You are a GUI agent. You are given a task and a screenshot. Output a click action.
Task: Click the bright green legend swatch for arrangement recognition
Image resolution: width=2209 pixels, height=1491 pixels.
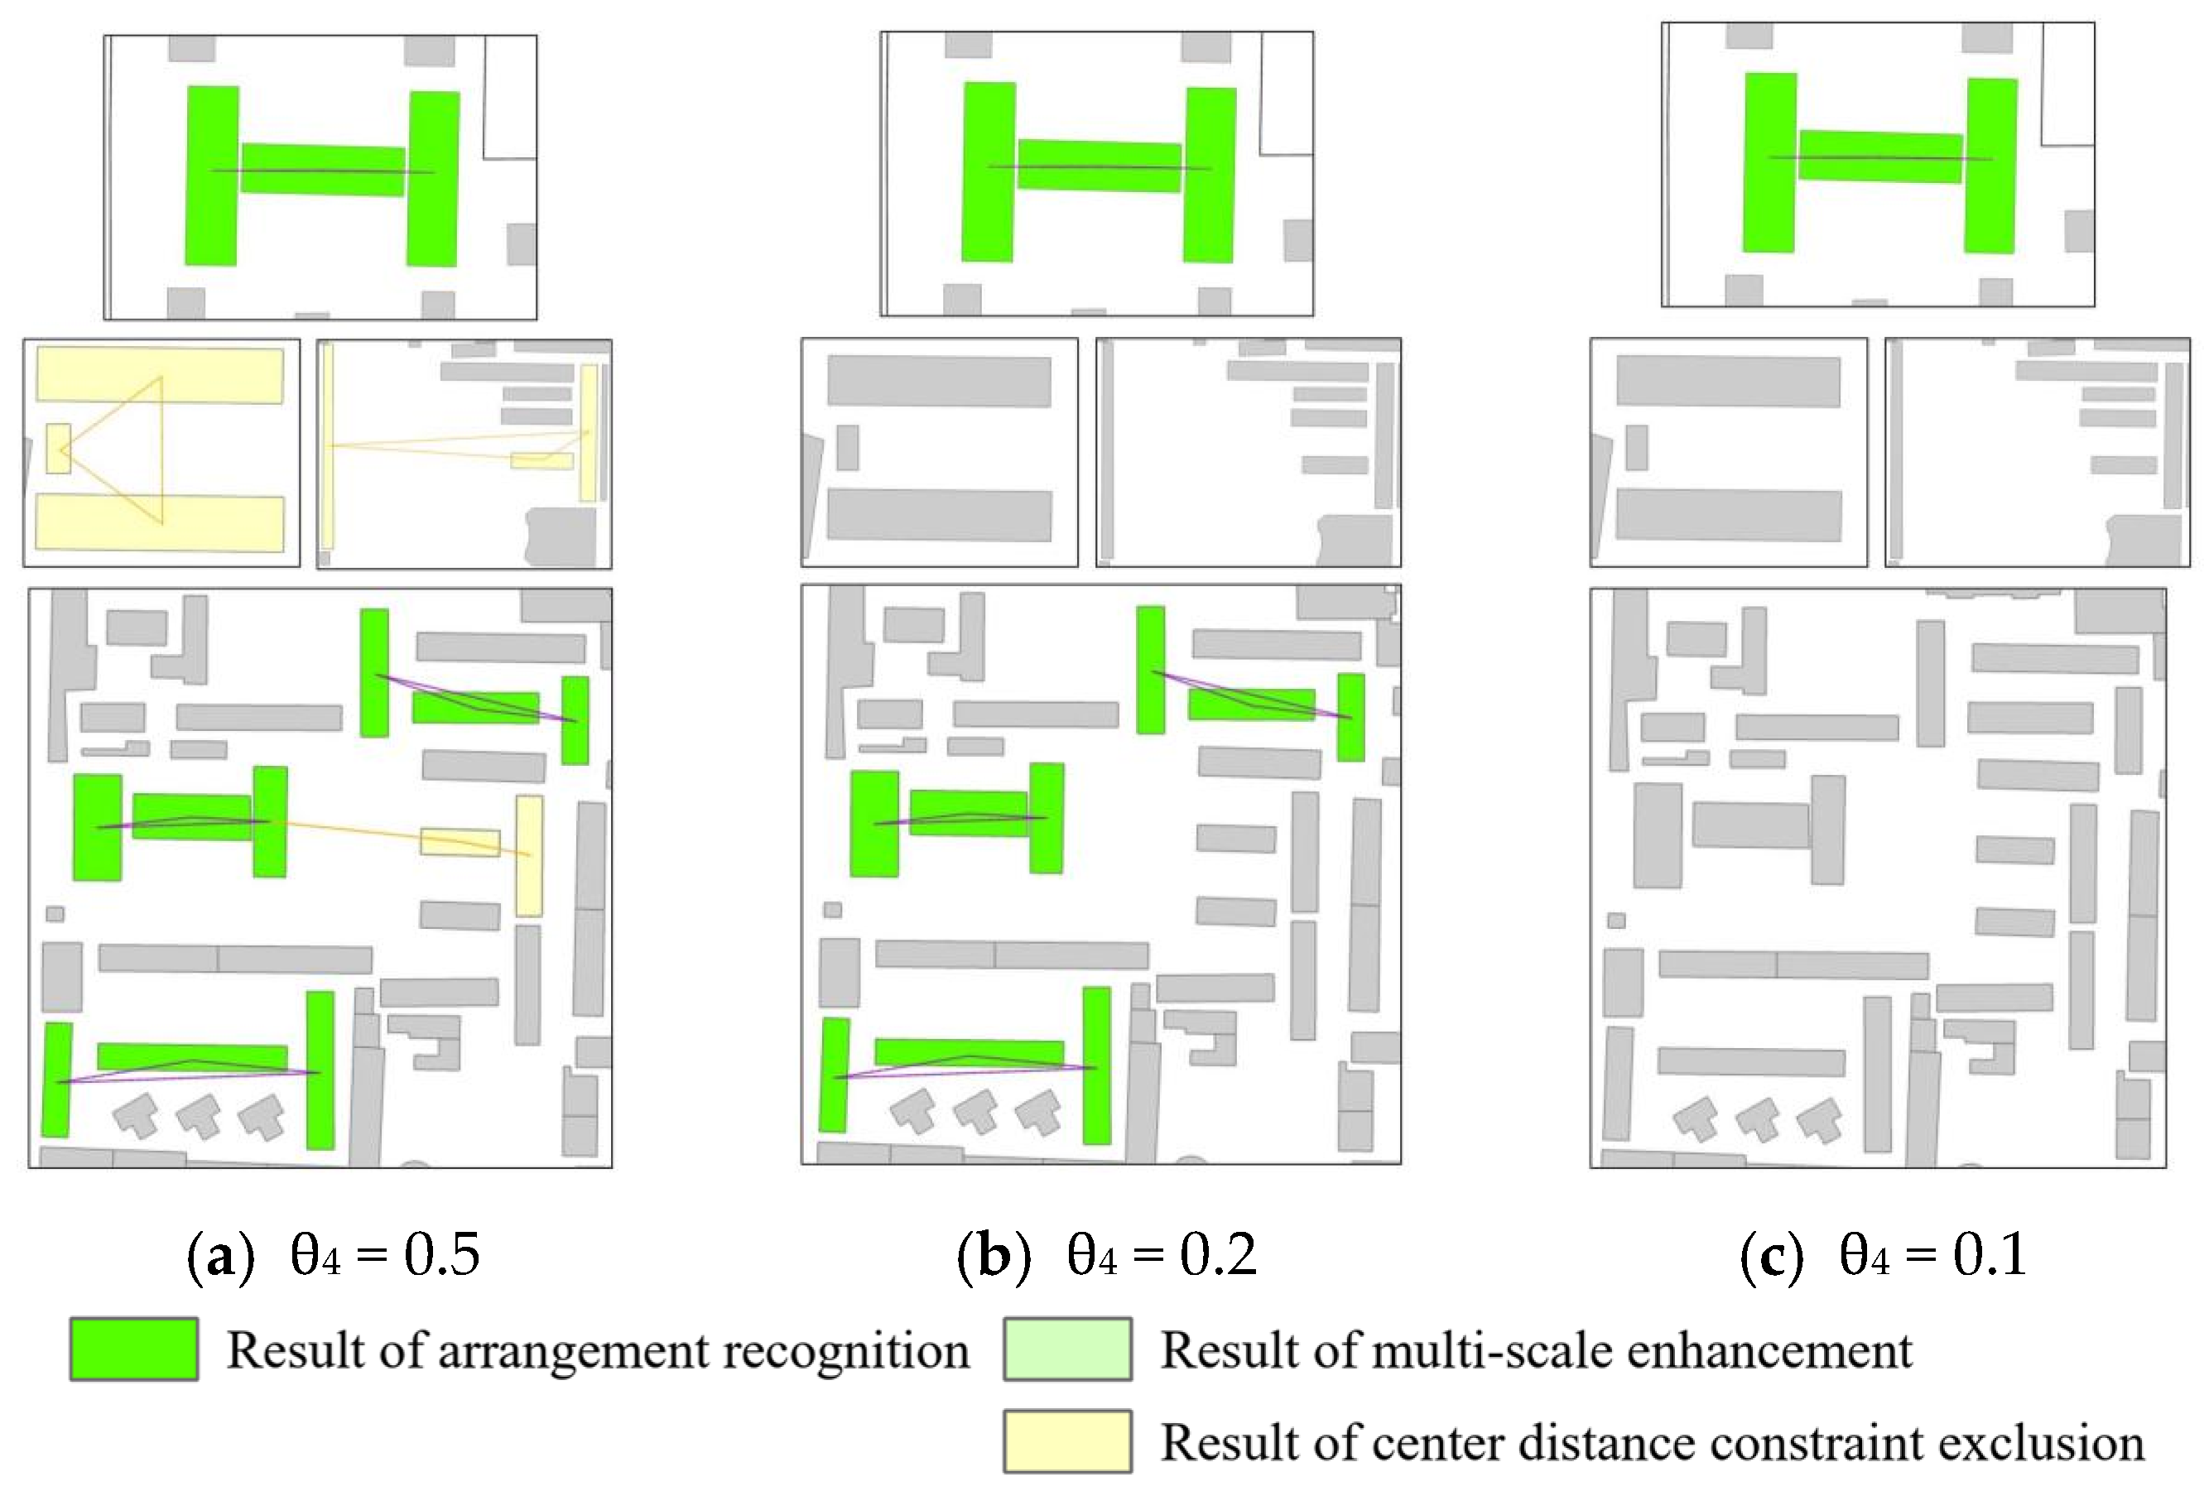[x=133, y=1349]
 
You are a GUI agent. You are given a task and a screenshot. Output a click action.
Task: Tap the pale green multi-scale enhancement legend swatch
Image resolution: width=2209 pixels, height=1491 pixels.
[x=1066, y=1349]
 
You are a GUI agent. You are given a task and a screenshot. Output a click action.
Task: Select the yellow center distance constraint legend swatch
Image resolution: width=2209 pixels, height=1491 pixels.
[x=1066, y=1440]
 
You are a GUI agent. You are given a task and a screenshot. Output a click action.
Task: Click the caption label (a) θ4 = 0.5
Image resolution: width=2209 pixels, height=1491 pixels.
[x=334, y=1254]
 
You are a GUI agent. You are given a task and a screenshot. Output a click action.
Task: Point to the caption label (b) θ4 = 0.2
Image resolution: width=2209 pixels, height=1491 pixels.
[x=1107, y=1254]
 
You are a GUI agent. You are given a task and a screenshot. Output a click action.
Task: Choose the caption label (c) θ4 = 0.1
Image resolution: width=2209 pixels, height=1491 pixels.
[x=1883, y=1254]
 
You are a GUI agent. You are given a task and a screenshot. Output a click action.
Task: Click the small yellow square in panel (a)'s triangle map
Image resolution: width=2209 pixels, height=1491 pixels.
[x=58, y=449]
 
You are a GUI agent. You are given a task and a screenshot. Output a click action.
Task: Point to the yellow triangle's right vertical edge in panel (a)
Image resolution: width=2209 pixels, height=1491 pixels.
[x=161, y=449]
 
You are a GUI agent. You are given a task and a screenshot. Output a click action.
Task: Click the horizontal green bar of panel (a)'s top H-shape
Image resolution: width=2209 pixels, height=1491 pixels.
[x=322, y=170]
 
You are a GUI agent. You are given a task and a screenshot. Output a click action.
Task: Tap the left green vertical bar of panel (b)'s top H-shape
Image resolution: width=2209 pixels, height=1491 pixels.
[x=988, y=172]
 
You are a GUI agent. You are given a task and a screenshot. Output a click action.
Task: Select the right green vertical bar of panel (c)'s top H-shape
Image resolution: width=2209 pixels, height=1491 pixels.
[x=1990, y=166]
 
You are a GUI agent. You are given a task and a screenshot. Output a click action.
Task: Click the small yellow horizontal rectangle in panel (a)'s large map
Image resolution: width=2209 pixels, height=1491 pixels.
[x=460, y=842]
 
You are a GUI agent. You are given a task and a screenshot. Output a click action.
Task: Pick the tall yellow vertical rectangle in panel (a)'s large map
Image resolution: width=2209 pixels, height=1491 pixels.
[x=529, y=855]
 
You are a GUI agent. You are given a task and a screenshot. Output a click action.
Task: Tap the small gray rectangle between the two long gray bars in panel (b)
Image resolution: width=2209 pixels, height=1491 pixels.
[x=847, y=448]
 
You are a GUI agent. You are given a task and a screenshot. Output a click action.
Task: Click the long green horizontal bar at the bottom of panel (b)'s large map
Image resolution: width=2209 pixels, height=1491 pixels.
[x=969, y=1051]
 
